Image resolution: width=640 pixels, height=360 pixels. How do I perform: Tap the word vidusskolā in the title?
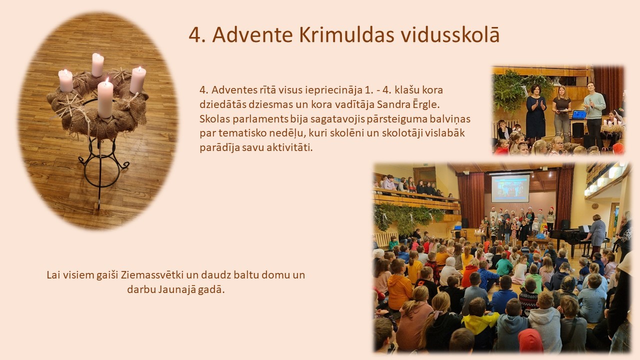(450, 34)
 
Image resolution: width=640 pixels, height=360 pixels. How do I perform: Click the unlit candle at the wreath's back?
(97, 65)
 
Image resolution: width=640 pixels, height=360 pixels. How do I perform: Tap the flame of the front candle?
(107, 81)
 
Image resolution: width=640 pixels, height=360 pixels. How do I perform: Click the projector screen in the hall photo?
(510, 188)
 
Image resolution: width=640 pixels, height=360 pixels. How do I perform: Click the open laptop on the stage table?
(579, 115)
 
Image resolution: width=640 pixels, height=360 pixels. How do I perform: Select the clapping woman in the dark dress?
(536, 113)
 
